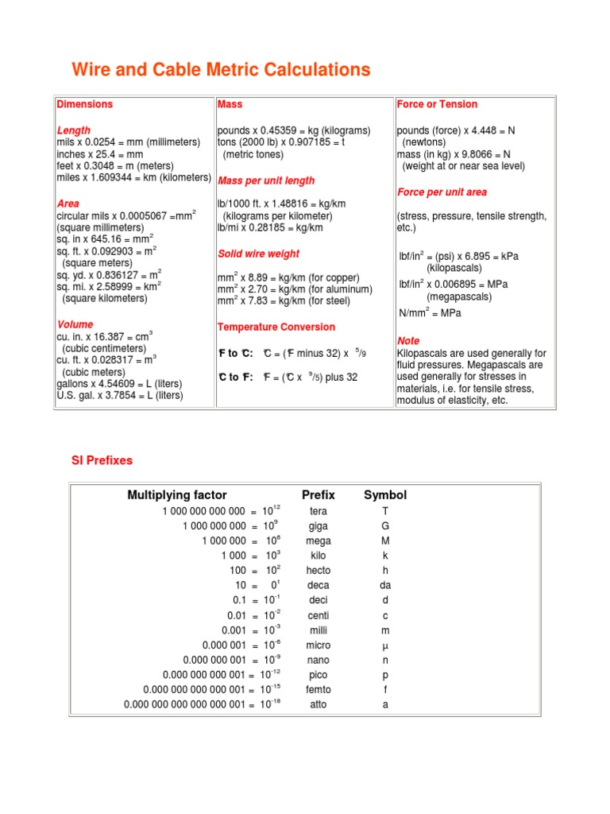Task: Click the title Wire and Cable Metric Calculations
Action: pyautogui.click(x=221, y=70)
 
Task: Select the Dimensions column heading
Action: pyautogui.click(x=84, y=104)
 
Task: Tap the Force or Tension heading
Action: pyautogui.click(x=437, y=104)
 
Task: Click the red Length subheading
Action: pyautogui.click(x=74, y=130)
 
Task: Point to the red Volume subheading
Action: pyautogui.click(x=75, y=324)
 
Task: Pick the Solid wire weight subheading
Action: pyautogui.click(x=258, y=254)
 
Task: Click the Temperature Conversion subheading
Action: pyautogui.click(x=276, y=327)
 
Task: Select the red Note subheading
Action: pyautogui.click(x=408, y=340)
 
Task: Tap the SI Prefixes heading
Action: pyautogui.click(x=102, y=460)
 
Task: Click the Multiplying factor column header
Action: pyautogui.click(x=177, y=495)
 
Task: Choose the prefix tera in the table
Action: pyautogui.click(x=319, y=511)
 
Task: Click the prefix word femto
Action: pyautogui.click(x=319, y=690)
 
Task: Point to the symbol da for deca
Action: pyautogui.click(x=385, y=585)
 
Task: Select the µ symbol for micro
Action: pyautogui.click(x=385, y=645)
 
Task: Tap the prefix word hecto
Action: pyautogui.click(x=319, y=571)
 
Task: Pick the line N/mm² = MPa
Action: pyautogui.click(x=430, y=313)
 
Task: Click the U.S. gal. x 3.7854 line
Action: pyautogui.click(x=120, y=395)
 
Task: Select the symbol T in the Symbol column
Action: pyautogui.click(x=385, y=511)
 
